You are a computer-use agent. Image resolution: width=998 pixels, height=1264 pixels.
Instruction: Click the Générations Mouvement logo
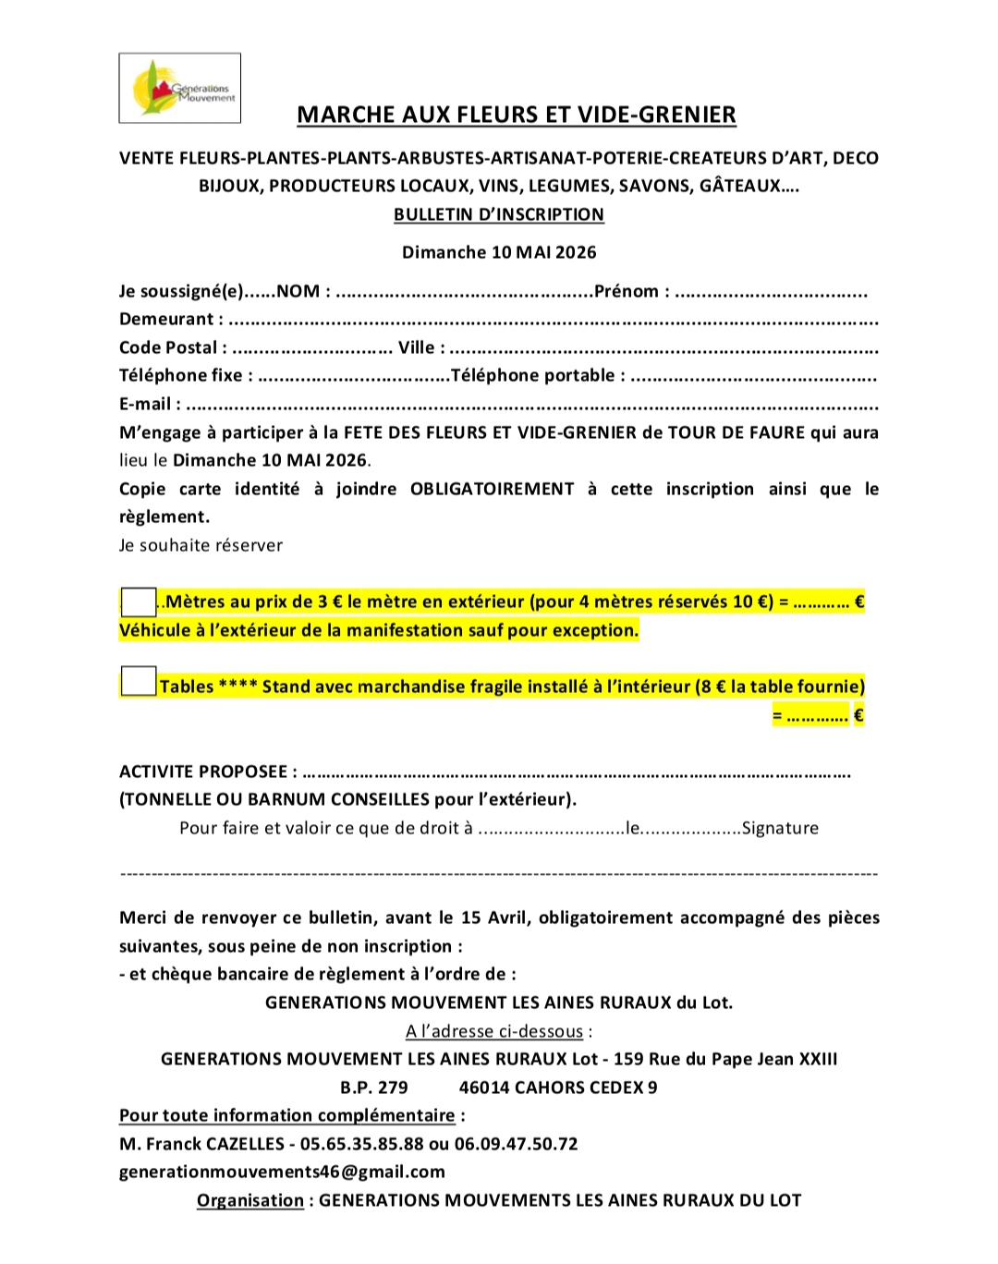tap(180, 89)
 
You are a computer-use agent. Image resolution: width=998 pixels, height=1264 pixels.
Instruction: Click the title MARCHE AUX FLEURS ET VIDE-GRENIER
tap(516, 115)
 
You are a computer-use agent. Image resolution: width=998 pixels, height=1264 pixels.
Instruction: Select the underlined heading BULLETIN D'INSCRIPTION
tap(498, 215)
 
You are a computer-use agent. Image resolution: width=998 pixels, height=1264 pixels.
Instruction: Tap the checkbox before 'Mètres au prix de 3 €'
tap(139, 602)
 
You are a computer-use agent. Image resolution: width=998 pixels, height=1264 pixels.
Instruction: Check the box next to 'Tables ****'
tap(139, 682)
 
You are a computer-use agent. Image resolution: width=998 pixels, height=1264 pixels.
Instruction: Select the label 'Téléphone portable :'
tap(537, 376)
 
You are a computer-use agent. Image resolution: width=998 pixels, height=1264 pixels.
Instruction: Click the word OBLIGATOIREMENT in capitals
tap(492, 490)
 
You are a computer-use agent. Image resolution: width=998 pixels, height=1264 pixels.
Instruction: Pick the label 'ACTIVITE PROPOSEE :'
tap(208, 772)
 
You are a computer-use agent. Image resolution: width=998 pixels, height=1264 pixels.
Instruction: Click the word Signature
tap(780, 829)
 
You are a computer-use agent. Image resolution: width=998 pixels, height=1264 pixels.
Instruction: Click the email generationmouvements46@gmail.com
tap(282, 1173)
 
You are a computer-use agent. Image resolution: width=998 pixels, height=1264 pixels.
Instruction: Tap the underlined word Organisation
tap(249, 1201)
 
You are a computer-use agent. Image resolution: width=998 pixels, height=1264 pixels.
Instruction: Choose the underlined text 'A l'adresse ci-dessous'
tap(494, 1032)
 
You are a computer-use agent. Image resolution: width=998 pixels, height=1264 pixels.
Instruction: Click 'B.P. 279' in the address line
tap(373, 1088)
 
